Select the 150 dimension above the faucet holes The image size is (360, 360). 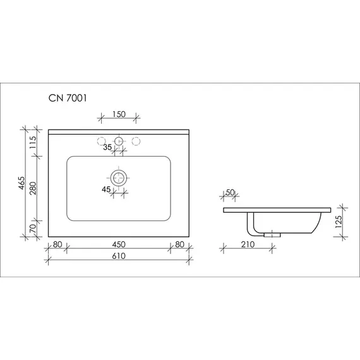(x=119, y=114)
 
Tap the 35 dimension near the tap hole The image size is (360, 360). (x=107, y=147)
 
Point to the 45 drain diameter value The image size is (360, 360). (x=105, y=189)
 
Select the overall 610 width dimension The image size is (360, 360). (x=119, y=256)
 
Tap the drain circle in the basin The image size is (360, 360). (x=119, y=177)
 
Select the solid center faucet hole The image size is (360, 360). (x=119, y=140)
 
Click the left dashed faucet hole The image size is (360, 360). (x=100, y=140)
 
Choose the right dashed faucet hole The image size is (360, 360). (x=138, y=140)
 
